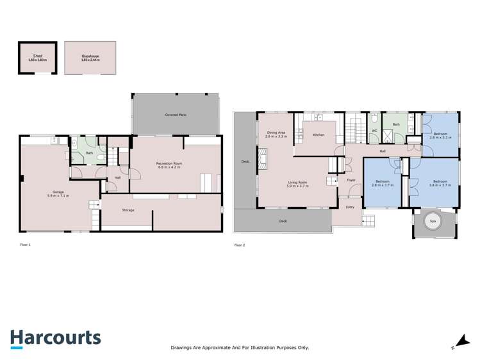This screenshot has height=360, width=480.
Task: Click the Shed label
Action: pos(37,56)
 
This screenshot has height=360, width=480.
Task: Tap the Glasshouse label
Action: pos(90,56)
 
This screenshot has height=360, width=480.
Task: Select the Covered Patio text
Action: pos(176,115)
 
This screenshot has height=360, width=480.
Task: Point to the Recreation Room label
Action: pos(169,163)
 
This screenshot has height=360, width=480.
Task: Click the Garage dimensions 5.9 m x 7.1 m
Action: pos(58,195)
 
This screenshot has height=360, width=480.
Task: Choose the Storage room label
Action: pos(128,209)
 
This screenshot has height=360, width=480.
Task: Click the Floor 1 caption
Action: pos(25,245)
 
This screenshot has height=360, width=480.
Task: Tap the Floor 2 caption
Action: pos(239,245)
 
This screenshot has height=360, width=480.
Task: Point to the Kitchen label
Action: pos(319,135)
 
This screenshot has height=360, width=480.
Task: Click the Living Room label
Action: pos(297,183)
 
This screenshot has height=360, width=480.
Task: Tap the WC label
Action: pos(374,131)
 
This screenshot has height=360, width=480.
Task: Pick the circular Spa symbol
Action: pos(433,221)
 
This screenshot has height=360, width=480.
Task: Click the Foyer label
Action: pos(351,180)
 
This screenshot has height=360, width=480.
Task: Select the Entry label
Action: pos(350,207)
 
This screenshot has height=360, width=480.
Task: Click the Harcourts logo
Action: pos(55,338)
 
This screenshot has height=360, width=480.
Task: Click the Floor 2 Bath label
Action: pos(396,124)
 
